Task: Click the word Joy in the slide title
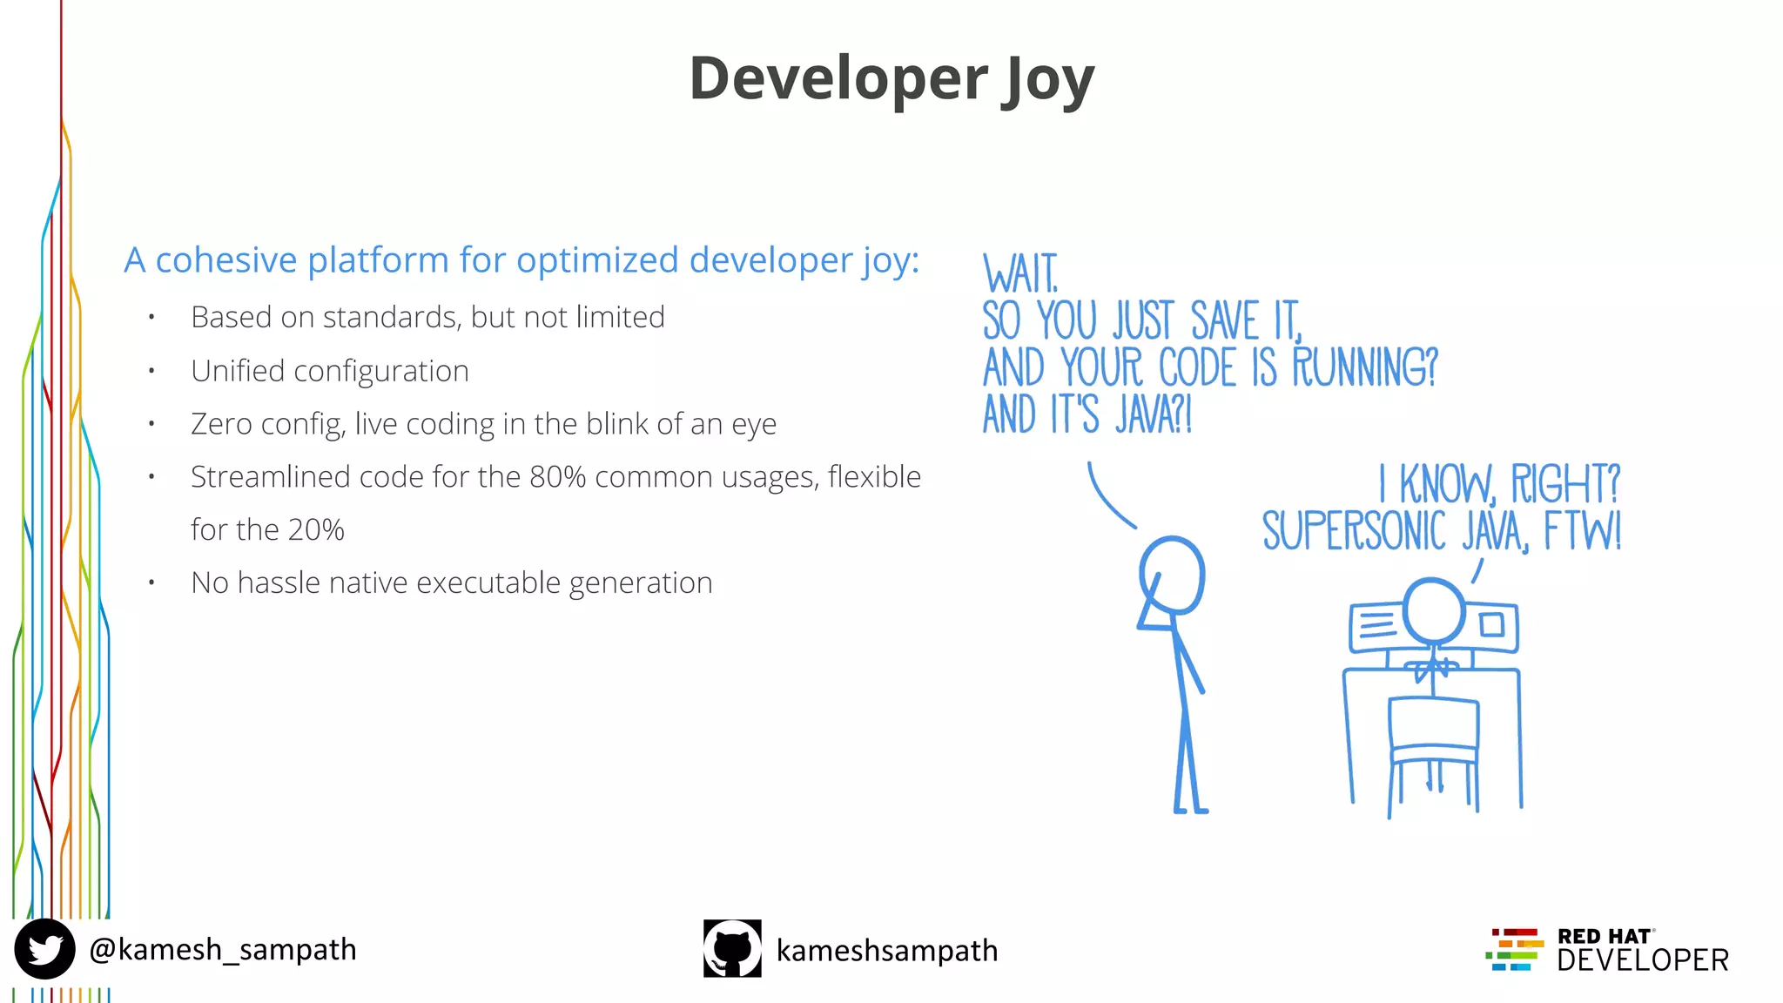coord(1047,80)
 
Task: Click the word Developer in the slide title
coord(838,78)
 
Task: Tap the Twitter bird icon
coord(44,949)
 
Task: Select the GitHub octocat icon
coord(732,948)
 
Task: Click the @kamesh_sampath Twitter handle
coord(223,949)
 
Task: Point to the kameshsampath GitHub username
coord(886,950)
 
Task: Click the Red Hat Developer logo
coord(1606,950)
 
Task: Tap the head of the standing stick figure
coord(1173,575)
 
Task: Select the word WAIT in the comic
coord(1020,274)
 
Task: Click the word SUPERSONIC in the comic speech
coord(1354,531)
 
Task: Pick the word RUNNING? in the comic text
coord(1364,367)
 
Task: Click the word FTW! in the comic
coord(1583,531)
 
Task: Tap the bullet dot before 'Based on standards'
coord(151,318)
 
